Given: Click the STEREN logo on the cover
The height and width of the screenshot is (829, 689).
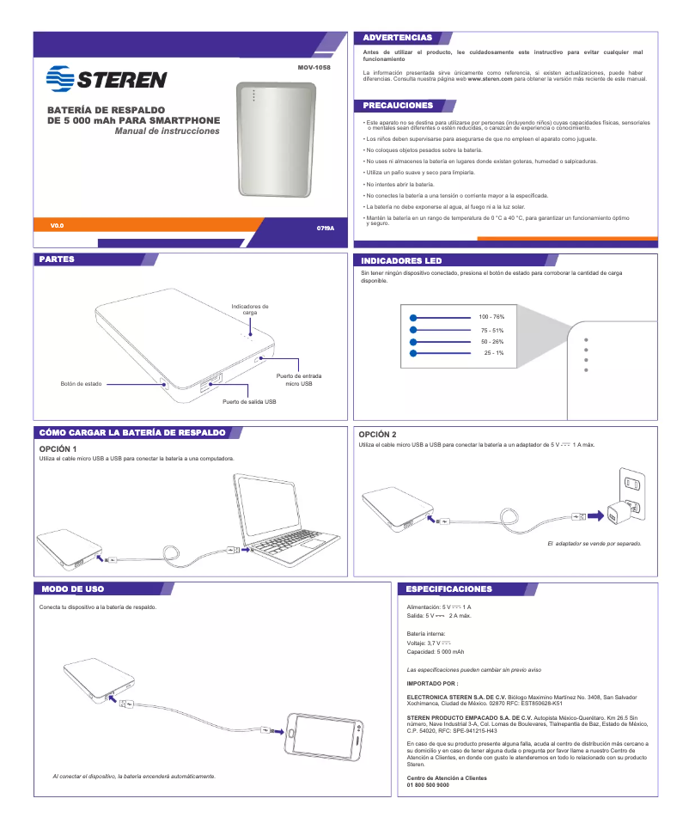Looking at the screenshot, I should click(107, 79).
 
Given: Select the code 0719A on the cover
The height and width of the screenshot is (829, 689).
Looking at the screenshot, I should click(325, 229).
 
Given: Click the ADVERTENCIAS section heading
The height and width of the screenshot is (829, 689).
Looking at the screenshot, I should click(397, 39).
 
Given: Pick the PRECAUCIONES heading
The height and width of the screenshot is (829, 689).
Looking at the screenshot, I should click(398, 106).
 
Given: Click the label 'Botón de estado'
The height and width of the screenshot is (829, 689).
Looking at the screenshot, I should click(81, 383).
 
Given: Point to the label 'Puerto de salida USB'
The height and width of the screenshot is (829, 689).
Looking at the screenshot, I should click(249, 401).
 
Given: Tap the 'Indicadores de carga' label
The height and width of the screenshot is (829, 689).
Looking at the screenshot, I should click(250, 309).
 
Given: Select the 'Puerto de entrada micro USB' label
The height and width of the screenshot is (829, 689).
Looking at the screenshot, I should click(298, 380).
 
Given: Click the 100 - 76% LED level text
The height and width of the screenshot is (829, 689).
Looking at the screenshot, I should click(491, 318).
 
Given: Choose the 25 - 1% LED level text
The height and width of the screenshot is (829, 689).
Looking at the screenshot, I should click(493, 353).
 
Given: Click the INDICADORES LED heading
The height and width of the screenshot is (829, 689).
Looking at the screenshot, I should click(401, 260).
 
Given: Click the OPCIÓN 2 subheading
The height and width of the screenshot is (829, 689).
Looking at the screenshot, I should click(378, 435).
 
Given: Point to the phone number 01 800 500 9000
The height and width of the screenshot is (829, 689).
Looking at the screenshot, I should click(427, 785).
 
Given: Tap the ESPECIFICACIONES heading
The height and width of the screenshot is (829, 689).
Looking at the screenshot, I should click(448, 589).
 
